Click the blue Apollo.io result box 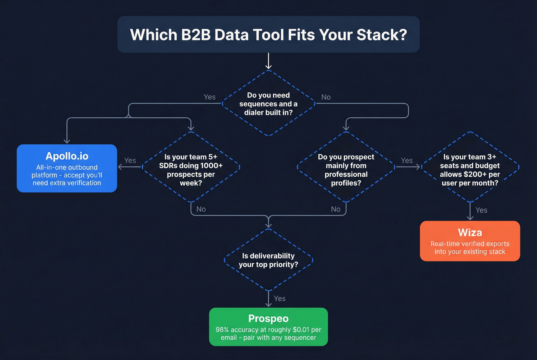point(67,168)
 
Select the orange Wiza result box point(470,241)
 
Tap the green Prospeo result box point(268,327)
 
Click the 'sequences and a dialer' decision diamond point(268,104)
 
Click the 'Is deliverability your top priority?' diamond point(268,260)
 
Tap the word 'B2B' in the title point(196,35)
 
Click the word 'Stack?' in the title point(382,35)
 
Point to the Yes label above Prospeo point(280,298)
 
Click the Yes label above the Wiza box point(481,210)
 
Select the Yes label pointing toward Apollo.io point(130,160)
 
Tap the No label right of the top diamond point(326,97)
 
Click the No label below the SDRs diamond point(201,209)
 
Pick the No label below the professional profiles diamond point(336,209)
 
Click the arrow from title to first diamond point(268,61)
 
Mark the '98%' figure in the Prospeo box point(222,330)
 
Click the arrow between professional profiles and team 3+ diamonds point(408,167)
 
